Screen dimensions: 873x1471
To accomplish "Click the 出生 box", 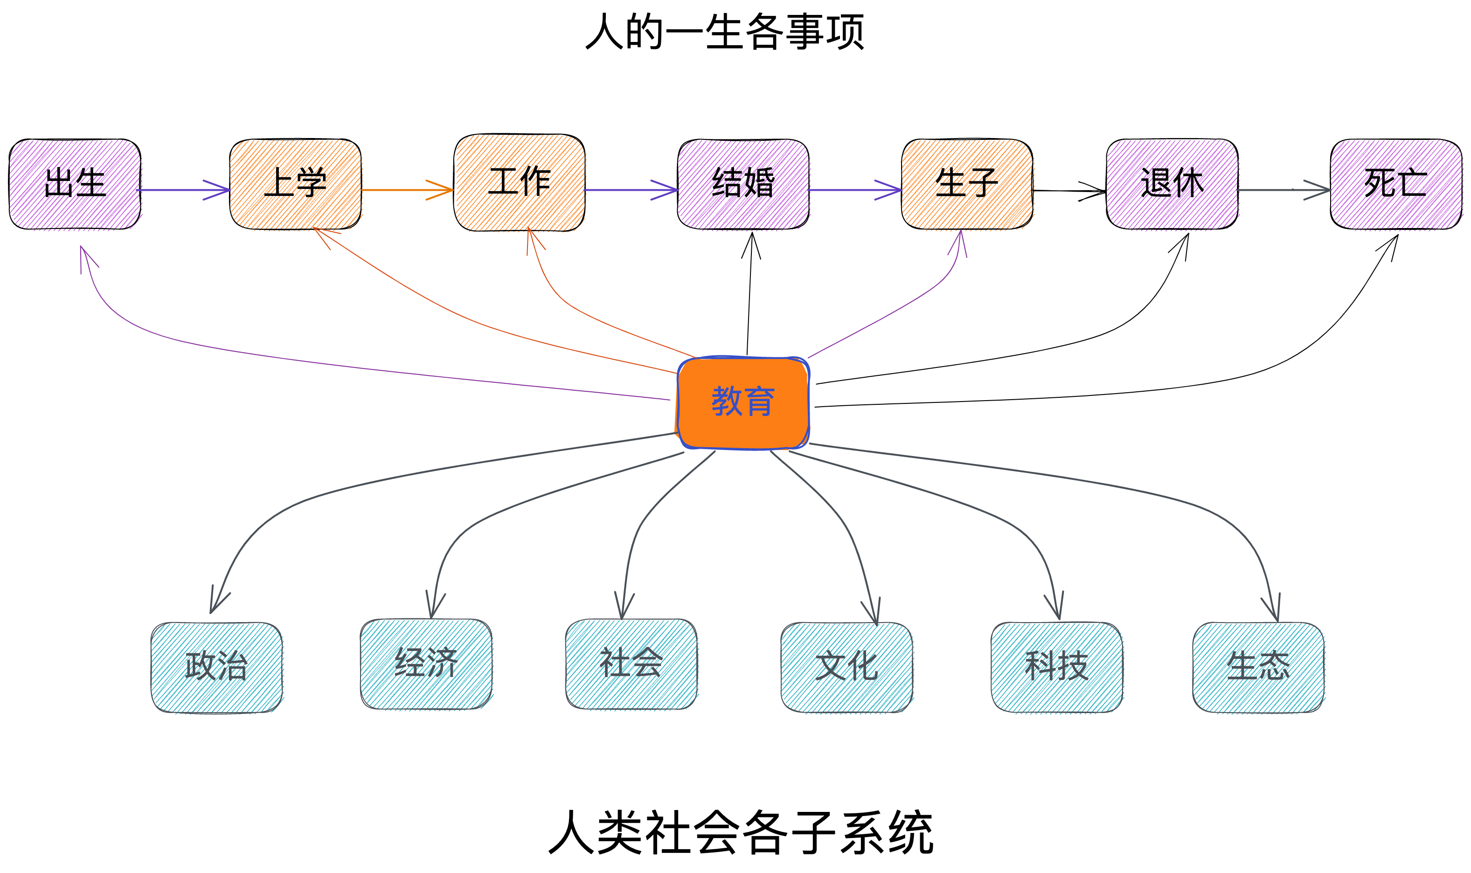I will point(75,184).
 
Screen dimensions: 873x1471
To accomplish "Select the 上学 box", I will point(295,184).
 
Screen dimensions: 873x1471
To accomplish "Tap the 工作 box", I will point(520,182).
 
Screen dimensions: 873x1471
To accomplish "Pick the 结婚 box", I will point(743,184).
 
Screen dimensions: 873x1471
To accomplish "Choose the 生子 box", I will point(967,184).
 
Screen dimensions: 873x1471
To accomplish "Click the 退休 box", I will point(1172,184).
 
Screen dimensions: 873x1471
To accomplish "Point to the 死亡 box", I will point(1396,184).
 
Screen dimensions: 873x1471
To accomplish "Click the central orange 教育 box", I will point(743,403).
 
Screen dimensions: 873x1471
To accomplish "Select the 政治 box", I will point(216,667).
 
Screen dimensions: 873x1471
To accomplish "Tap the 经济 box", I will point(426,664).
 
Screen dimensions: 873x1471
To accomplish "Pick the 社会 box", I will point(631,664).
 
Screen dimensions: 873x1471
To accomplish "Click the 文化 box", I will point(847,667).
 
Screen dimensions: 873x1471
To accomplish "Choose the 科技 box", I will point(1056,667).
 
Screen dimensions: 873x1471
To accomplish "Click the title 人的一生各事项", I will point(725,32).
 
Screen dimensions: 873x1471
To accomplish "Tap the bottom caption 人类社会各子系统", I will point(741,832).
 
